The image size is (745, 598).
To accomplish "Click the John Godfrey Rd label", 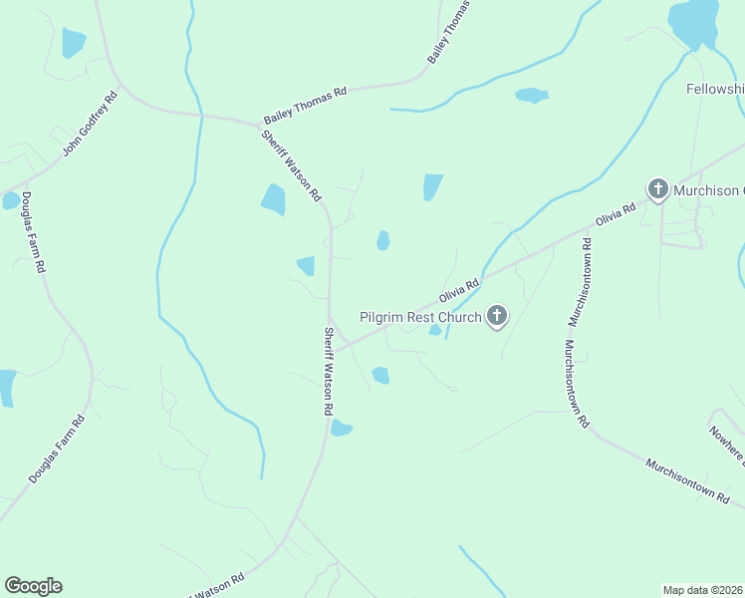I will pos(90,125).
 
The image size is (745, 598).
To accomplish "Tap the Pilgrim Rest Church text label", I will pos(420,318).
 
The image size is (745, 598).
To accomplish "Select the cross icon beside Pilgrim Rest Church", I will pos(496,318).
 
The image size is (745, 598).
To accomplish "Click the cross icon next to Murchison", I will pos(657,189).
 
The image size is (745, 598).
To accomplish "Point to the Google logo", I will pos(33,586).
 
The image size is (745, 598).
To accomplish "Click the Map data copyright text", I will pos(702,590).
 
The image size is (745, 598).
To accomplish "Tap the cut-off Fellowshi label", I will pos(715,89).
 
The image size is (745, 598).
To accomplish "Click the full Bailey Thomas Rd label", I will pos(305,104).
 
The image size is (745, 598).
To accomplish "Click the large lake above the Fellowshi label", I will pos(693,20).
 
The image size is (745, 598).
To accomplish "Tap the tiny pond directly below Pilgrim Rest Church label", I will pos(434,331).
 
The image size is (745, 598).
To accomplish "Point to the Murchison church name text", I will pos(707,190).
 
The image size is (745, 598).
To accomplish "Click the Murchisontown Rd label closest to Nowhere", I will pos(687,480).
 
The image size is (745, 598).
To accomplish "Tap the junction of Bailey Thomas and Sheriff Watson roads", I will pos(257,122).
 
